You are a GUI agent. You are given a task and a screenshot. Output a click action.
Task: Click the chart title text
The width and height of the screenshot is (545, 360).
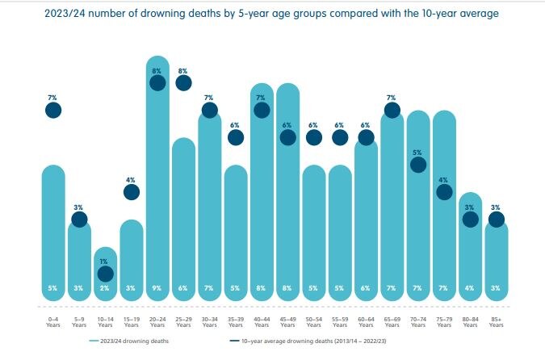(272, 14)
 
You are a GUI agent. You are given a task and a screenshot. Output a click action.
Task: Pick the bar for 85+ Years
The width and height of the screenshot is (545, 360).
(497, 258)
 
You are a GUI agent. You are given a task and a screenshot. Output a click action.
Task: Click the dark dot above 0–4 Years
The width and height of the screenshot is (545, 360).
(53, 110)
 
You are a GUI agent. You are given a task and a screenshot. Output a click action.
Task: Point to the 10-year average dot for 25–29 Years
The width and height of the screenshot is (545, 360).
(183, 82)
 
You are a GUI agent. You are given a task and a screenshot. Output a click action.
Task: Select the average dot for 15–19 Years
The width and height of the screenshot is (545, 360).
(131, 192)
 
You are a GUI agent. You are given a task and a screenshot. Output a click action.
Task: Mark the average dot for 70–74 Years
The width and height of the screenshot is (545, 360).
(417, 165)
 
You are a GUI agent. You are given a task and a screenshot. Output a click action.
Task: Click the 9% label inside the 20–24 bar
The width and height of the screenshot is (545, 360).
(157, 288)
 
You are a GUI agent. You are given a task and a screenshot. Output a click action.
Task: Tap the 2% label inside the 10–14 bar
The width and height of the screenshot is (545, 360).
(105, 288)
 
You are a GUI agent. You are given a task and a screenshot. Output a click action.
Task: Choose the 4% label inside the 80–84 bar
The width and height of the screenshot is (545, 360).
(470, 288)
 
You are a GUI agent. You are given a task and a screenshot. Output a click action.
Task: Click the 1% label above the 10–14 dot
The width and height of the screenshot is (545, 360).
(105, 262)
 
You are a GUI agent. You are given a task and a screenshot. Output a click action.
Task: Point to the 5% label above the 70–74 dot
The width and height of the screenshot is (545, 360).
(417, 152)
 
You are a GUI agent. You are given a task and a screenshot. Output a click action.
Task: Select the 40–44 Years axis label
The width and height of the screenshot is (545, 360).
(262, 321)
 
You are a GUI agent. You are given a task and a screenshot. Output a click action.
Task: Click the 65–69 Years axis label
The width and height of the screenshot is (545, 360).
(392, 321)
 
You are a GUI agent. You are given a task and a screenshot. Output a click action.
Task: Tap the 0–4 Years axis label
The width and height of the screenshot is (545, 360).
(52, 321)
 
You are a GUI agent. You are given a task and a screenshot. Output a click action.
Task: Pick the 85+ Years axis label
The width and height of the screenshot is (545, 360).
(497, 321)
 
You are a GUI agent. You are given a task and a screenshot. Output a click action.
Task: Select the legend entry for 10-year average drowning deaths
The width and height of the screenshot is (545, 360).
(301, 341)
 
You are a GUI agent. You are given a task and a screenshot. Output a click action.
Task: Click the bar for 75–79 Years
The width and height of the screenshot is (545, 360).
(444, 210)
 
